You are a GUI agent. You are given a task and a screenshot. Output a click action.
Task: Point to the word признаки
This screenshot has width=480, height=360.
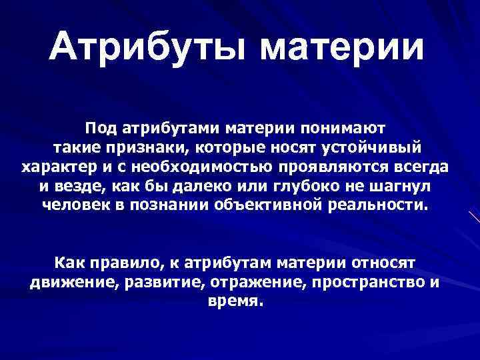[153, 146]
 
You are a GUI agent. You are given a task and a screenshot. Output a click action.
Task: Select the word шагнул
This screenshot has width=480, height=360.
[416, 185]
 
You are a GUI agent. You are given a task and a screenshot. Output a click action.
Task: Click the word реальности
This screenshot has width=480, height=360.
[381, 205]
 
